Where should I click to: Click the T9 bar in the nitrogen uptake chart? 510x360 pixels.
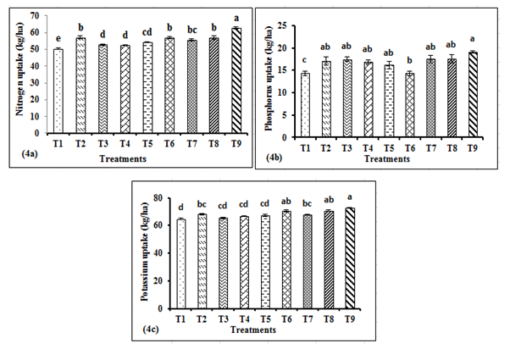tap(235, 81)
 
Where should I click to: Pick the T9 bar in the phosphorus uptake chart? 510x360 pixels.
tap(472, 93)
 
